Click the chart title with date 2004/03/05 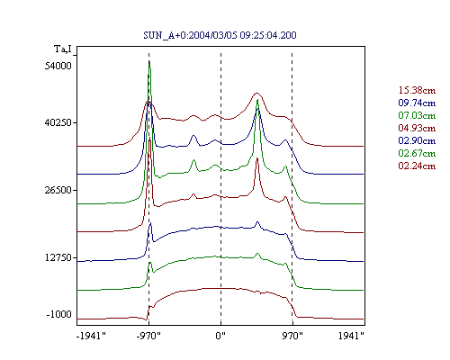220,35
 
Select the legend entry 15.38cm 417,90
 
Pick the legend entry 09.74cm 417,103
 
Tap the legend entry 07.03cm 417,115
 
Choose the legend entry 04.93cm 417,128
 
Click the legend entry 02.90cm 417,140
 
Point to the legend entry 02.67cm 417,153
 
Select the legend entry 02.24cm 417,166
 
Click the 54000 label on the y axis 58,66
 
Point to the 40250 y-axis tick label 58,122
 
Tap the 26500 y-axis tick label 58,190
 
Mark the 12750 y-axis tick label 58,257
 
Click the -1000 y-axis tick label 59,314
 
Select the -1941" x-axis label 91,336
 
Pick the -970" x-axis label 148,336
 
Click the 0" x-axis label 220,336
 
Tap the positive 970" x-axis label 292,336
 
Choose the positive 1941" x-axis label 351,336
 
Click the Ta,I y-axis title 63,49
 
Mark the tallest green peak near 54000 149,61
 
